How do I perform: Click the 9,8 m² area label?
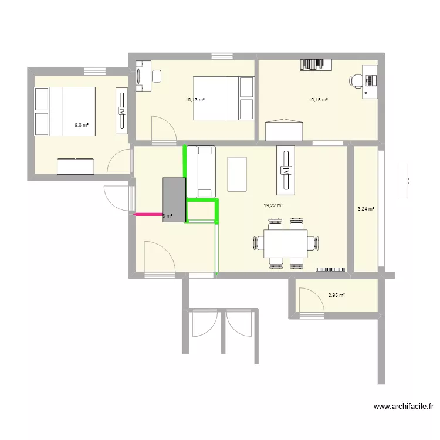tap(81, 125)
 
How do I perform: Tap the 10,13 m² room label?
tap(194, 100)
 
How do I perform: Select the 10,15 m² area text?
tap(318, 100)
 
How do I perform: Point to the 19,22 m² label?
tap(273, 206)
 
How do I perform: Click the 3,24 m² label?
tap(366, 209)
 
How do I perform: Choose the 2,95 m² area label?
tap(337, 296)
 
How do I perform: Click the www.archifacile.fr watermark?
tap(404, 406)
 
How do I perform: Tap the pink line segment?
tap(148, 215)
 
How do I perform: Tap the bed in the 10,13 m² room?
tap(223, 98)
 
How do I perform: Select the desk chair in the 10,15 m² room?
tap(357, 80)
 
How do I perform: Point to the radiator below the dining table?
tap(331, 269)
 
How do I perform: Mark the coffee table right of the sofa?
tap(237, 174)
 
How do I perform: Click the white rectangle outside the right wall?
tap(403, 181)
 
